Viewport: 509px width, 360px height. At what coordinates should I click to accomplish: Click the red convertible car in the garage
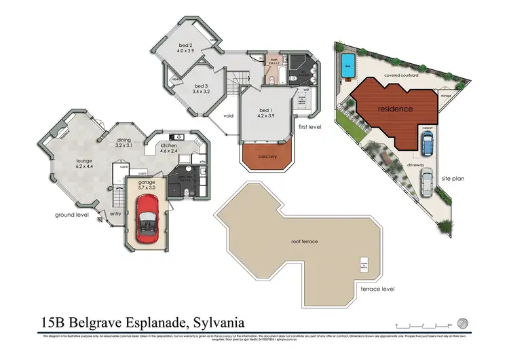146,219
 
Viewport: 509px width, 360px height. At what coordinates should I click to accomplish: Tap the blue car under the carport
428,143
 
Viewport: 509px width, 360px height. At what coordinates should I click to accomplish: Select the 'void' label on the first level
229,115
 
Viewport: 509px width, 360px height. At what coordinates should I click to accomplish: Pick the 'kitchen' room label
168,145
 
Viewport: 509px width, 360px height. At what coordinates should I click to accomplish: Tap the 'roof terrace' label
305,241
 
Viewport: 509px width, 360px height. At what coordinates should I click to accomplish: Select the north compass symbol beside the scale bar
463,322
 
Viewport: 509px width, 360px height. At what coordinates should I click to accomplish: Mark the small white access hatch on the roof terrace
364,266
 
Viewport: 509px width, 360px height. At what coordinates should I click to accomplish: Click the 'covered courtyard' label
400,76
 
